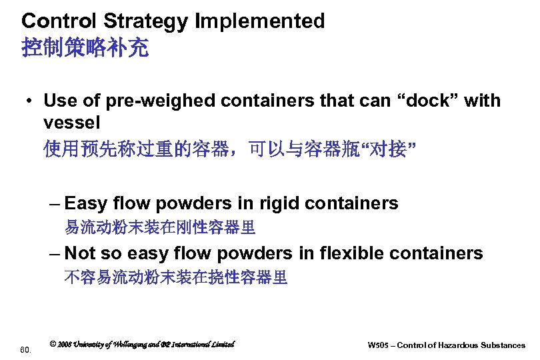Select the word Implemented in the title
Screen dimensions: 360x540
click(x=259, y=21)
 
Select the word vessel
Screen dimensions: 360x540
click(x=71, y=123)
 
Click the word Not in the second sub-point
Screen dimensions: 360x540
click(x=81, y=253)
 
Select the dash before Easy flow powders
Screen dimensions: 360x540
click(x=55, y=203)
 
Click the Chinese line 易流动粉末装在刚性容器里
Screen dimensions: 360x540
click(x=160, y=228)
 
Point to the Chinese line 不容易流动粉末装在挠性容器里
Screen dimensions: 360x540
click(x=176, y=278)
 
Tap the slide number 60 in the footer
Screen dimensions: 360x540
click(x=25, y=349)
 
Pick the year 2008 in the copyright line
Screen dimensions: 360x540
click(x=65, y=344)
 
